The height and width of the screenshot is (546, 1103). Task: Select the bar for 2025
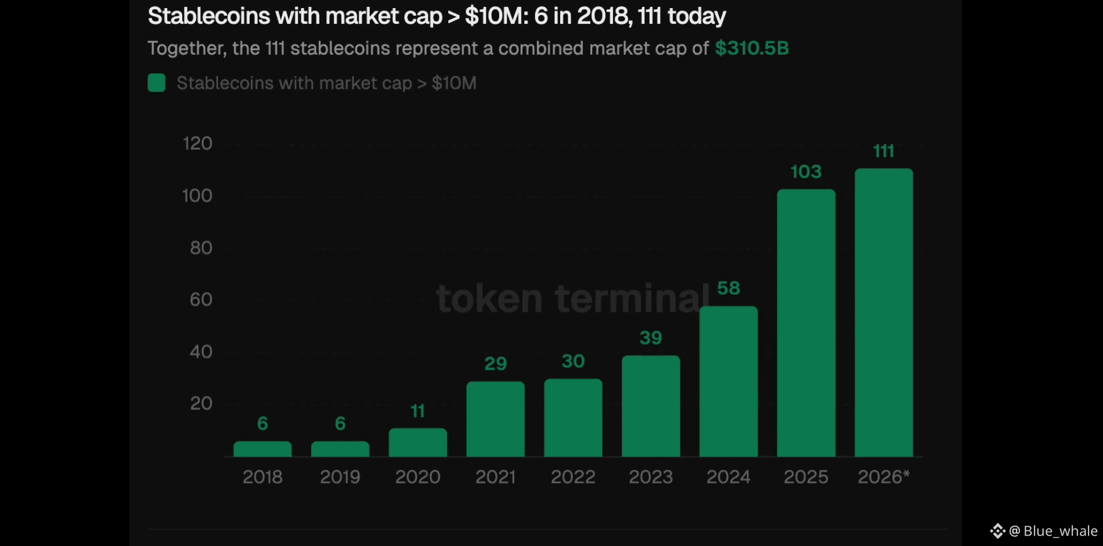(806, 323)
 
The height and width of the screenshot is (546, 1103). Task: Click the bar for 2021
(495, 419)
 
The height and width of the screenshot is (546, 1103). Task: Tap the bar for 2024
(729, 381)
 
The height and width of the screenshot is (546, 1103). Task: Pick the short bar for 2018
(262, 449)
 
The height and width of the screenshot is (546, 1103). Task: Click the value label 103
(806, 172)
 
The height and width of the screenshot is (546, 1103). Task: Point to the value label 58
(729, 288)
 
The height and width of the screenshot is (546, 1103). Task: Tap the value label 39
(651, 338)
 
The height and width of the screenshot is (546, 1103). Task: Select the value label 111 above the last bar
(884, 151)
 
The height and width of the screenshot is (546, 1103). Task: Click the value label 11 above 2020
(417, 411)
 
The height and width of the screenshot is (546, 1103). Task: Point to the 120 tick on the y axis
(197, 143)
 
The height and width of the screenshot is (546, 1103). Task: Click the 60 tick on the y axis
(201, 299)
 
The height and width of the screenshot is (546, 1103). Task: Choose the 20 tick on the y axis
(201, 403)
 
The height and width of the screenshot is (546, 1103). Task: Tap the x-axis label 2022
(573, 477)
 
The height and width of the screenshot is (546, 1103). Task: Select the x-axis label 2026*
(884, 477)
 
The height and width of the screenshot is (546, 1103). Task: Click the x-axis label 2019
(340, 477)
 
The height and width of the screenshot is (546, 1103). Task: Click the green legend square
(157, 83)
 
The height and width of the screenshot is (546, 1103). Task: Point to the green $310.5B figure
(752, 48)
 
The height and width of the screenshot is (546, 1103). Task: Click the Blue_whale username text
(1060, 531)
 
